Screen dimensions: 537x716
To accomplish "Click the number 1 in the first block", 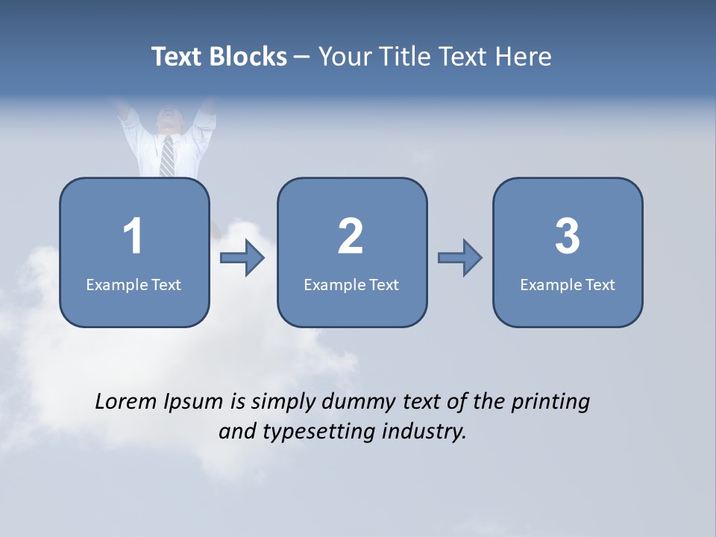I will [x=134, y=236].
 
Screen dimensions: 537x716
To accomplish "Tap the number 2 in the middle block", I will [x=351, y=236].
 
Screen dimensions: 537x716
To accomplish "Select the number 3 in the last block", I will [x=568, y=236].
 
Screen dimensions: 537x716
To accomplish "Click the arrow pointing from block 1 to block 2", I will [x=242, y=258].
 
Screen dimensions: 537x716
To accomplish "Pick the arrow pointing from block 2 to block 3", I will [x=459, y=258].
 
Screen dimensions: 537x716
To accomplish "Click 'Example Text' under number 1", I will [x=134, y=284].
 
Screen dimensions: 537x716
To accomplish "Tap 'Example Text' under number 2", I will [x=351, y=284].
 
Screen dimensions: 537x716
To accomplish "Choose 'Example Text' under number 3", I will [x=568, y=284].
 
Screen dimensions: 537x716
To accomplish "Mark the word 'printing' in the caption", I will [x=550, y=402].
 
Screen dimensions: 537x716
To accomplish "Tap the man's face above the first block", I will [x=169, y=120].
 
